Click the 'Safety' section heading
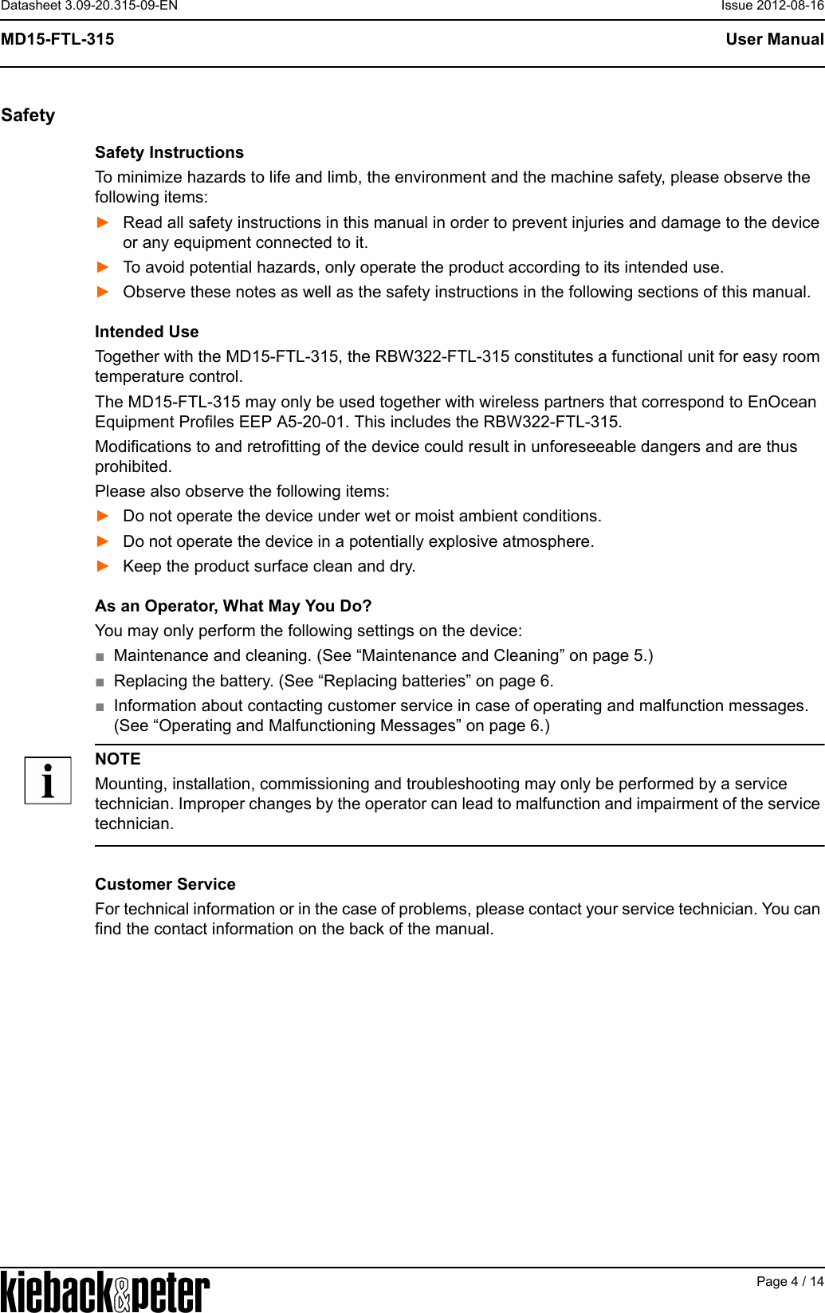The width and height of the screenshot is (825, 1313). point(28,116)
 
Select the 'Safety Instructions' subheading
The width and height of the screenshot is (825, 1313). point(169,152)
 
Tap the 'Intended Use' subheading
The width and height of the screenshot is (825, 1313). point(147,332)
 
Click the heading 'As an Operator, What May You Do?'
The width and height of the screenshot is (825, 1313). point(233,606)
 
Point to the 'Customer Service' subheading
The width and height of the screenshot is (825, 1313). point(165,884)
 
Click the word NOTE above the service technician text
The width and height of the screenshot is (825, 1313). point(118,759)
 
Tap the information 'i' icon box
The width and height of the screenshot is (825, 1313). point(48,780)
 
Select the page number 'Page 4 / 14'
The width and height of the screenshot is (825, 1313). point(789,1281)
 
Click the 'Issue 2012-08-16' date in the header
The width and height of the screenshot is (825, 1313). point(772,6)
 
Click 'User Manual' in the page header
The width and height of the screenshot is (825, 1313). point(774,39)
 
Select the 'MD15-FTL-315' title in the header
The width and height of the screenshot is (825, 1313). point(57,39)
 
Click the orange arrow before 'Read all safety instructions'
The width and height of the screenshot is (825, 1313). point(103,222)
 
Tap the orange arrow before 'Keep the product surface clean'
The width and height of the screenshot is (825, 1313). point(103,566)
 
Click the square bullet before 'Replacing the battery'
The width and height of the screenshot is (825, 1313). point(100,682)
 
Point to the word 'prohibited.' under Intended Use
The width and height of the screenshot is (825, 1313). point(133,466)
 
